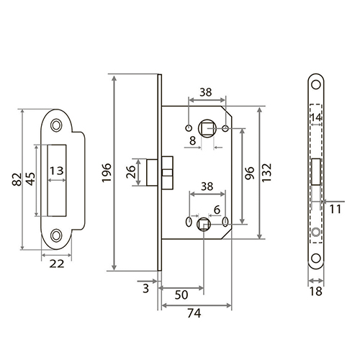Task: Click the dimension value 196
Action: pos(107,173)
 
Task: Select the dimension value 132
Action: pos(266,173)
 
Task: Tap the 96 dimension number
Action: pos(250,173)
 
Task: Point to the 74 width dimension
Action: pos(194,313)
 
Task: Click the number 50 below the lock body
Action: pos(181,295)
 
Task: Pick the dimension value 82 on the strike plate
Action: pos(17,179)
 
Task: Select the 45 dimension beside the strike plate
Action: pos(30,179)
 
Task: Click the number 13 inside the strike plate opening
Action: pos(57,171)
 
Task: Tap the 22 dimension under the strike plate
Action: pos(57,264)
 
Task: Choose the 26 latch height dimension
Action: pos(131,172)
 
